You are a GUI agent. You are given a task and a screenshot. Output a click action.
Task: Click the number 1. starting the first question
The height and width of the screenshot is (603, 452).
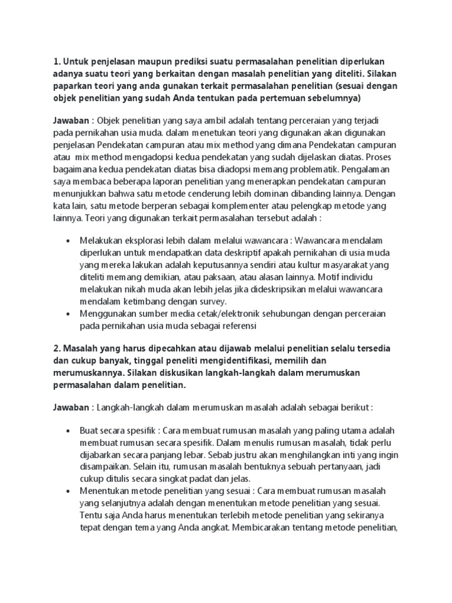point(57,62)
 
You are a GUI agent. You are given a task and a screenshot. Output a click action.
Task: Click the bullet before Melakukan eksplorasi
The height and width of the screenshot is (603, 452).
point(69,241)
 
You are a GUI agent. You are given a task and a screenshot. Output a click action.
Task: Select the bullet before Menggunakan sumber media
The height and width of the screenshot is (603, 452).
point(69,314)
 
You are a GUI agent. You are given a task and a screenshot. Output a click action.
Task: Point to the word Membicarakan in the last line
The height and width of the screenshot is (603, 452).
point(262,528)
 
